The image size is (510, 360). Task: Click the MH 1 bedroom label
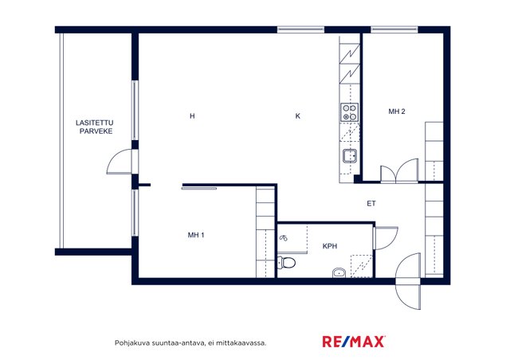pyautogui.click(x=196, y=235)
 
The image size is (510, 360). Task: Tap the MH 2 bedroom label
pyautogui.click(x=397, y=112)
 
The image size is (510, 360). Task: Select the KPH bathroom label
pyautogui.click(x=330, y=246)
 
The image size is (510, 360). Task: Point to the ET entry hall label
pyautogui.click(x=371, y=204)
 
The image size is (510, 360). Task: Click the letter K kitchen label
pyautogui.click(x=297, y=116)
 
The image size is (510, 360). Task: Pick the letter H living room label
pyautogui.click(x=192, y=116)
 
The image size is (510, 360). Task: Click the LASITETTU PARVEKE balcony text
pyautogui.click(x=95, y=127)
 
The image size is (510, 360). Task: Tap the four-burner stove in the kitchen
pyautogui.click(x=349, y=112)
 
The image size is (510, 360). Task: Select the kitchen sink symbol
pyautogui.click(x=350, y=156)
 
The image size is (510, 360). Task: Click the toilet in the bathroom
pyautogui.click(x=286, y=262)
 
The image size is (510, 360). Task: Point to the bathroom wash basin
pyautogui.click(x=339, y=272)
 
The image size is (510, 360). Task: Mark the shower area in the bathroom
pyautogui.click(x=361, y=266)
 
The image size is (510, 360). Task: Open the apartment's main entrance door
pyautogui.click(x=408, y=281)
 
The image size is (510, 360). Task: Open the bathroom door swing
pyautogui.click(x=386, y=238)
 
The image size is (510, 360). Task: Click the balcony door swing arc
pyautogui.click(x=119, y=162)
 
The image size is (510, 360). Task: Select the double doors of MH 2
pyautogui.click(x=399, y=170)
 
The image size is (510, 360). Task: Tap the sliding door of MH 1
pyautogui.click(x=199, y=188)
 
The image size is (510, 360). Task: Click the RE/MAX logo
pyautogui.click(x=354, y=342)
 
